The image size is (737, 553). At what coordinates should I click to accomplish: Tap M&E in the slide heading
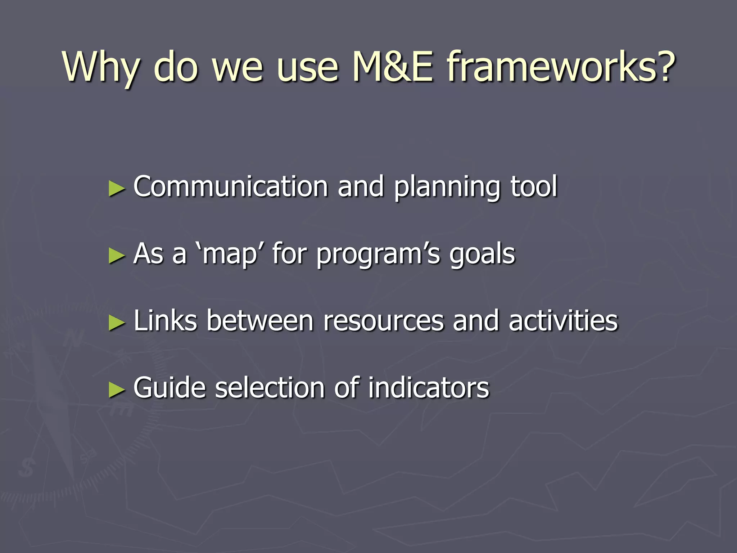pos(392,67)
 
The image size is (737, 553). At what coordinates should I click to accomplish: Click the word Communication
pos(230,186)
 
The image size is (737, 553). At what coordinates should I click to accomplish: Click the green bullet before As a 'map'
pos(117,256)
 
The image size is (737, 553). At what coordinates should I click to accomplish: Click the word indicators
pos(428,388)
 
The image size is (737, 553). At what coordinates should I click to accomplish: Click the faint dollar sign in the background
pos(27,468)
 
